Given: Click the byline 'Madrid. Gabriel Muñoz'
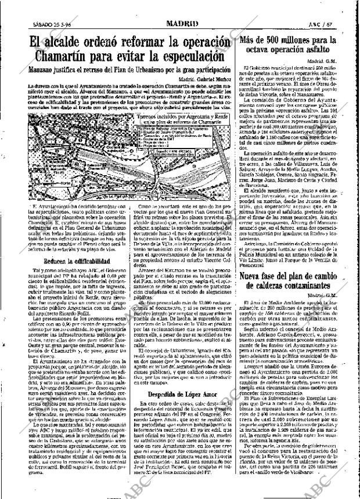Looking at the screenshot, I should click(x=201, y=78).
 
